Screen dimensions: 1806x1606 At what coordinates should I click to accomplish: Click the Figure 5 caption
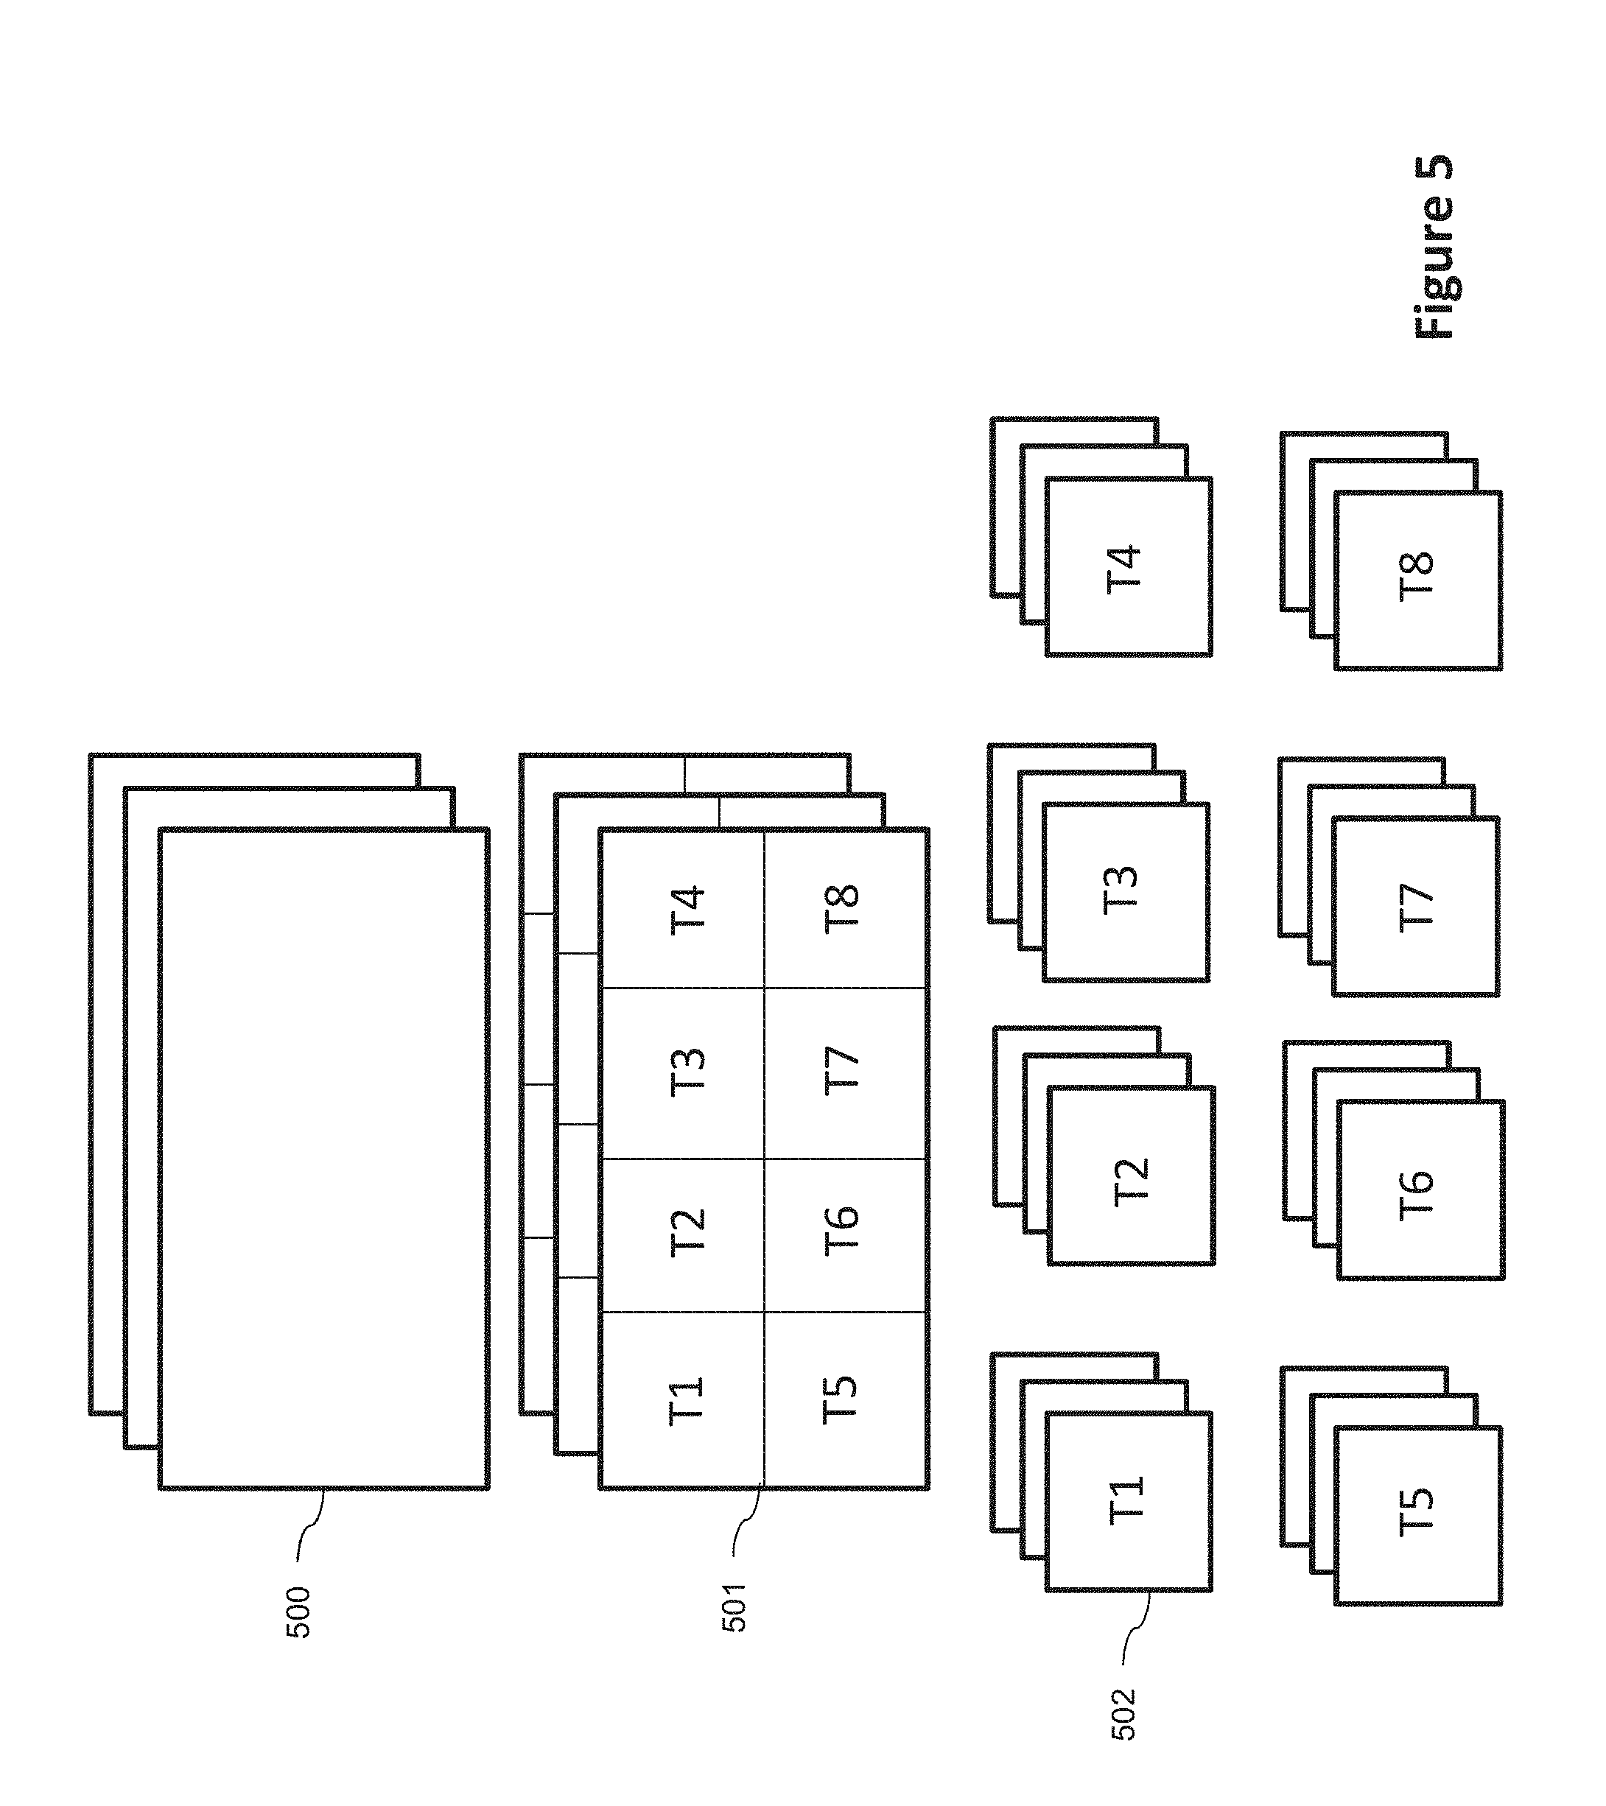pos(1433,247)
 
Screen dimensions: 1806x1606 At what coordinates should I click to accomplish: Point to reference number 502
pos(1123,1714)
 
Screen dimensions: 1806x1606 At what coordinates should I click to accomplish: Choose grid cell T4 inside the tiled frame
pos(685,910)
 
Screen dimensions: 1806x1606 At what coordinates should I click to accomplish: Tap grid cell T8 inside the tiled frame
pos(841,910)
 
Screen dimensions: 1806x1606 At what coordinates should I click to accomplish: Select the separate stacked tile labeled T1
pos(1128,1501)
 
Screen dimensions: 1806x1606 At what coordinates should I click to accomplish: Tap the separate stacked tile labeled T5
pos(1417,1514)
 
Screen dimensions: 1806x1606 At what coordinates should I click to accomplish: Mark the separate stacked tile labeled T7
pos(1415,906)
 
